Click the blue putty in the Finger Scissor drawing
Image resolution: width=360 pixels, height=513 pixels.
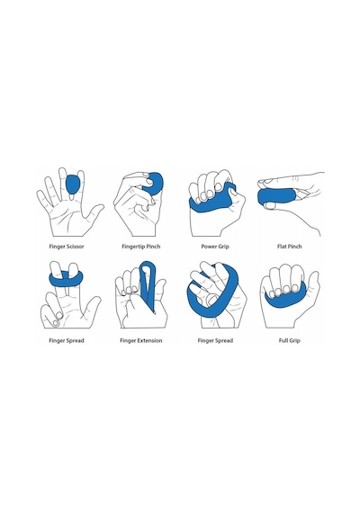pyautogui.click(x=73, y=184)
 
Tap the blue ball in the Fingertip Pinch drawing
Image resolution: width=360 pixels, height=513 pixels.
pyautogui.click(x=155, y=184)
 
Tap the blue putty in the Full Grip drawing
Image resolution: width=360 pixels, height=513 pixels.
pyautogui.click(x=285, y=298)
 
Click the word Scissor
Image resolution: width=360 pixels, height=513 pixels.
pyautogui.click(x=75, y=247)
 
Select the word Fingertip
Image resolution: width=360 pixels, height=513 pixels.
pyautogui.click(x=133, y=247)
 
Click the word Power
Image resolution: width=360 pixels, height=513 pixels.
pyautogui.click(x=209, y=247)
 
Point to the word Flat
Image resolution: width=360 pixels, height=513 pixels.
pyautogui.click(x=282, y=247)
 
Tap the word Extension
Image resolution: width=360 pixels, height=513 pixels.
pyautogui.click(x=149, y=340)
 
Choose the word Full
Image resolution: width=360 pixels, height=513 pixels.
pyautogui.click(x=283, y=340)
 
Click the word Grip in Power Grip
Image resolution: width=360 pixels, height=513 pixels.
pyautogui.click(x=223, y=247)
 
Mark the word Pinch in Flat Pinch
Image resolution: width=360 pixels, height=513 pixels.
pyautogui.click(x=294, y=247)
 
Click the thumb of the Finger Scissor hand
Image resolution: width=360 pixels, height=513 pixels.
pyautogui.click(x=94, y=212)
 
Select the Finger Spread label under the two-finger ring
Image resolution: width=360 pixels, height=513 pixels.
pyautogui.click(x=67, y=340)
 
